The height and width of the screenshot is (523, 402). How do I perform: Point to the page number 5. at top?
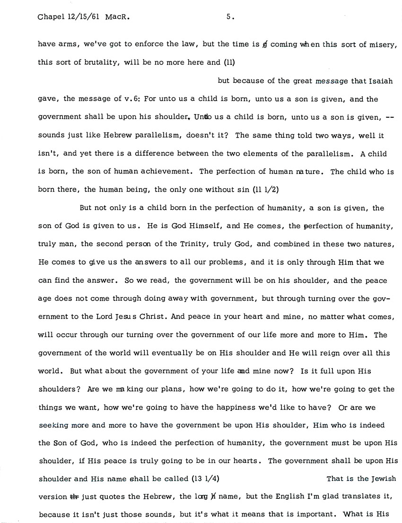click(x=230, y=17)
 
